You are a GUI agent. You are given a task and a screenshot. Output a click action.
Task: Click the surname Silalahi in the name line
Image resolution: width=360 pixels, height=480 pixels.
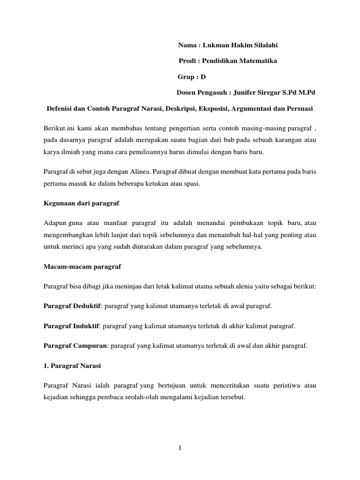pos(265,45)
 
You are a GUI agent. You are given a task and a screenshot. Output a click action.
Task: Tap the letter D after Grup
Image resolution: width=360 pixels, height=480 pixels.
pos(203,77)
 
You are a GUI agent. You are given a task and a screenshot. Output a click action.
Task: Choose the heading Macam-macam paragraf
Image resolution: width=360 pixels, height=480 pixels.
pos(82,266)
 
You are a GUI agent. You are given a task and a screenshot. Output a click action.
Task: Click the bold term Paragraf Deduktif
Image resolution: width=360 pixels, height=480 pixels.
pos(73,306)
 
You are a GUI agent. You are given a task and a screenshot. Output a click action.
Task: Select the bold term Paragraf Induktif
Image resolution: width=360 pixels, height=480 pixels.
pos(71,326)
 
